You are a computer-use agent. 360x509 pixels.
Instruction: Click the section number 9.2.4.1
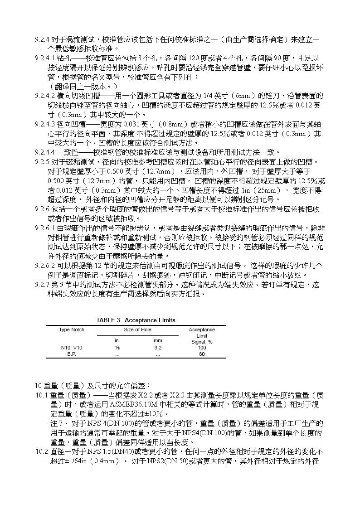point(45,58)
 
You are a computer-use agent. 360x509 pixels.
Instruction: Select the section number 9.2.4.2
point(45,96)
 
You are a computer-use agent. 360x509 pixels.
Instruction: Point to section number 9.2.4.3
point(45,124)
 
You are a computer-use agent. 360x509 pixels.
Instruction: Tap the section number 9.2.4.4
point(45,152)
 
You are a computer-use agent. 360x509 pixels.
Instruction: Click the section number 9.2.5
point(42,162)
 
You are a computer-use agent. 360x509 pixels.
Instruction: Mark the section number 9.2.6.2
point(45,266)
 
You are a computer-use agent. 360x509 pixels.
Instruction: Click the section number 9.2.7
point(42,285)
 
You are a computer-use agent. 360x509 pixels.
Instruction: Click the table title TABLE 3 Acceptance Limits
point(136,320)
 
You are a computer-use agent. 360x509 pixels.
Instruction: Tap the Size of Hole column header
point(137,330)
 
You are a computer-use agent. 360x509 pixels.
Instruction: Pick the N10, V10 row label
point(72,348)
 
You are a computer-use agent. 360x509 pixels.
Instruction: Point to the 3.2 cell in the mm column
point(157,348)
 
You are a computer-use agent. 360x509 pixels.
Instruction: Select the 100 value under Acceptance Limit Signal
point(202,348)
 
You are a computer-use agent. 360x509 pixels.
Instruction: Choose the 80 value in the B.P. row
point(202,354)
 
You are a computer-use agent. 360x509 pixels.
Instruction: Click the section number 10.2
point(42,452)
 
